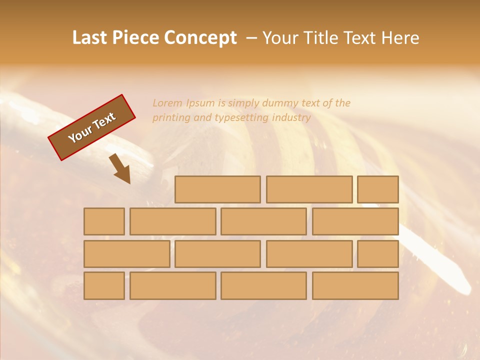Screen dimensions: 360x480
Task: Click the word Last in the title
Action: pyautogui.click(x=90, y=38)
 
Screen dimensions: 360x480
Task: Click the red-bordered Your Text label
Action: pyautogui.click(x=91, y=127)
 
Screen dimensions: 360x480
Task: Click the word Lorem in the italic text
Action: pyautogui.click(x=167, y=103)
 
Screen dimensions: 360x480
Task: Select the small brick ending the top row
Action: pyautogui.click(x=378, y=189)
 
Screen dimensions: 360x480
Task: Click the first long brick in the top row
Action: pyautogui.click(x=217, y=189)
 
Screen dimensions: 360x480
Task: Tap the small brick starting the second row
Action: pyautogui.click(x=104, y=221)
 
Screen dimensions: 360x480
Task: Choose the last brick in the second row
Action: pyautogui.click(x=355, y=221)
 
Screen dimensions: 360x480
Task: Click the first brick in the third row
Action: pyautogui.click(x=126, y=254)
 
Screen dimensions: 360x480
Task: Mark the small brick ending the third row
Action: pyautogui.click(x=378, y=254)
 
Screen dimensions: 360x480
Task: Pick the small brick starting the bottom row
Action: pyautogui.click(x=104, y=286)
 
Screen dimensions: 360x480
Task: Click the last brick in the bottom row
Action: pyautogui.click(x=355, y=286)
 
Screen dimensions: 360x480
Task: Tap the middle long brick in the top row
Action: pyautogui.click(x=309, y=189)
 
